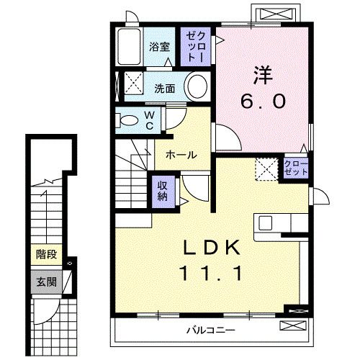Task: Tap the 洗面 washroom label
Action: pyautogui.click(x=164, y=89)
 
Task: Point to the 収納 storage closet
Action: pyautogui.click(x=163, y=189)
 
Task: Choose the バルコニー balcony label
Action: pyautogui.click(x=209, y=331)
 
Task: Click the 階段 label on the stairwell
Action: pyautogui.click(x=47, y=253)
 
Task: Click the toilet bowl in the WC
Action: pyautogui.click(x=130, y=121)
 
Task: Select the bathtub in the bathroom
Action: pyautogui.click(x=128, y=48)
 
